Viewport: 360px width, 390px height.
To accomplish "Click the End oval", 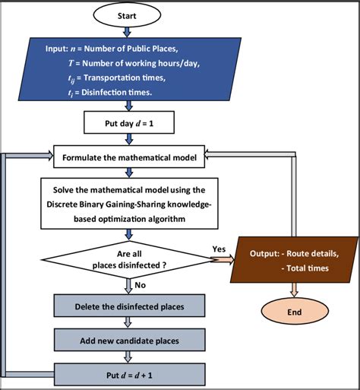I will pos(294,312).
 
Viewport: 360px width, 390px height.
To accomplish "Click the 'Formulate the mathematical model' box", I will pos(128,157).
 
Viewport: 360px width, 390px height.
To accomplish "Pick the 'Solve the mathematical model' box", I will pos(128,202).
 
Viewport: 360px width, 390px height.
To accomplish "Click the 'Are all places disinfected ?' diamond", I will pos(128,258).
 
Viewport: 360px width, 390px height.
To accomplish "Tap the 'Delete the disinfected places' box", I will pos(129,306).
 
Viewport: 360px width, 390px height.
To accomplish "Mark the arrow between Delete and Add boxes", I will pos(128,323).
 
